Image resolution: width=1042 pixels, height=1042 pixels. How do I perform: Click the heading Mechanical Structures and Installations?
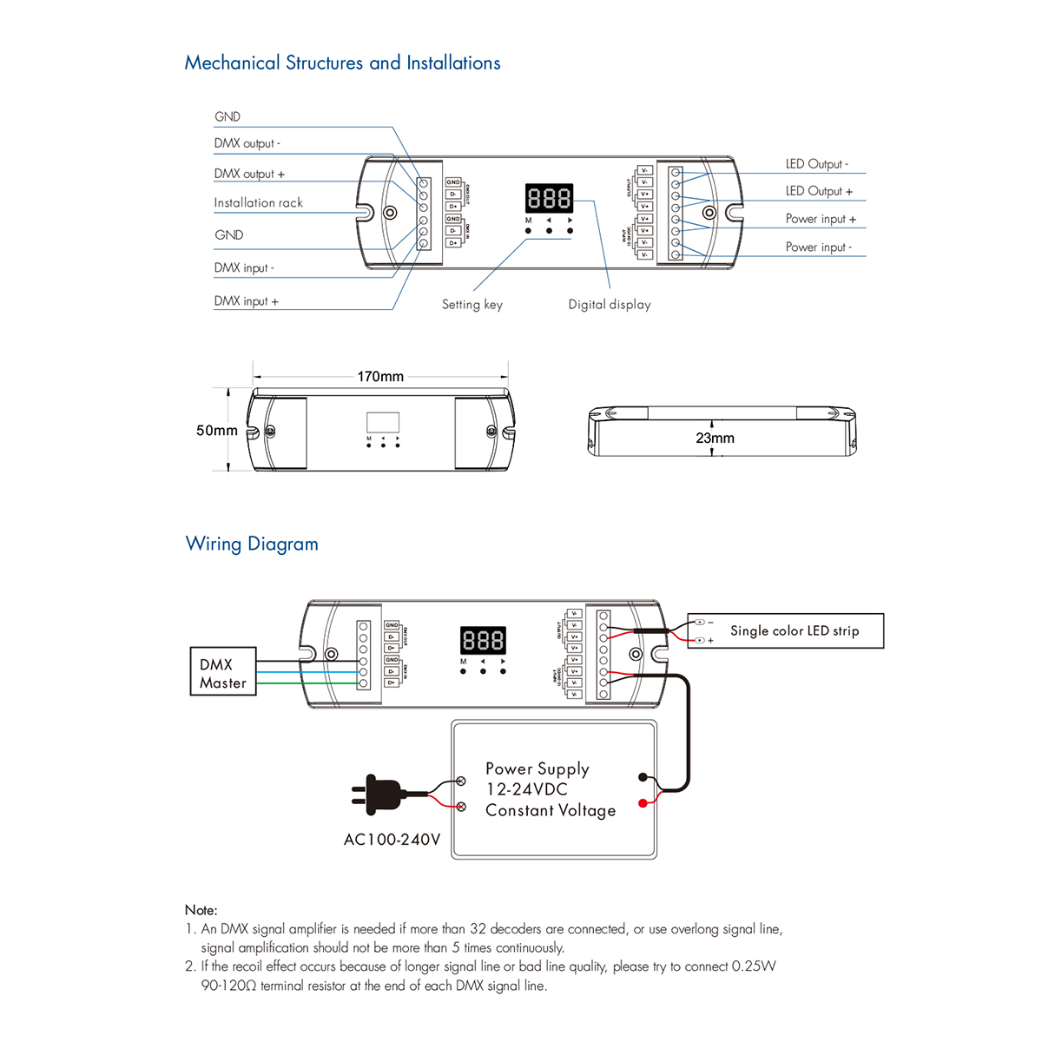pyautogui.click(x=342, y=63)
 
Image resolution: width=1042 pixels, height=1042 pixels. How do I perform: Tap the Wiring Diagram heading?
pyautogui.click(x=252, y=544)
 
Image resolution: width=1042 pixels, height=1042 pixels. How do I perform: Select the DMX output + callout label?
pyautogui.click(x=249, y=174)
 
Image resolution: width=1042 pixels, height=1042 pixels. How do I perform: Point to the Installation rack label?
pyautogui.click(x=258, y=203)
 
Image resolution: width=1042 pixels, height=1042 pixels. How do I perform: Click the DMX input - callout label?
pyautogui.click(x=244, y=268)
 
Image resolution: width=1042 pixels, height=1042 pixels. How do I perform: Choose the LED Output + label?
pyautogui.click(x=819, y=191)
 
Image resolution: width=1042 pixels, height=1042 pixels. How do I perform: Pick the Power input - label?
pyautogui.click(x=819, y=247)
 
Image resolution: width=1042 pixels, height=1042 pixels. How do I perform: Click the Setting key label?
pyautogui.click(x=472, y=305)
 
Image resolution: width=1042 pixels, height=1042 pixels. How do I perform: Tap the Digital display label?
pyautogui.click(x=609, y=305)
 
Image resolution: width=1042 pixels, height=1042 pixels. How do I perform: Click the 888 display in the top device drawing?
pyautogui.click(x=549, y=199)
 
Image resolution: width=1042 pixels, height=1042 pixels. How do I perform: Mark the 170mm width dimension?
pyautogui.click(x=380, y=377)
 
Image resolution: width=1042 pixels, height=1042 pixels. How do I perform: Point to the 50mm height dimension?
pyautogui.click(x=216, y=431)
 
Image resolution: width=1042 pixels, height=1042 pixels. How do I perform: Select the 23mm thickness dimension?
pyautogui.click(x=715, y=439)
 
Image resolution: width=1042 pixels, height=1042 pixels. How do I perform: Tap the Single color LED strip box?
pyautogui.click(x=794, y=631)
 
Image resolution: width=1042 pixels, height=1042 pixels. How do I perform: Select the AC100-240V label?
pyautogui.click(x=392, y=840)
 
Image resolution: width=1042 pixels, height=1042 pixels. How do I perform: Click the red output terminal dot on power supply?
pyautogui.click(x=643, y=803)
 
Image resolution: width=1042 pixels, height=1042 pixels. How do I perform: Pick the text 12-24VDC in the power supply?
pyautogui.click(x=526, y=789)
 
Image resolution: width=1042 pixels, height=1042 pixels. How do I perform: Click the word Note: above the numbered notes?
pyautogui.click(x=201, y=910)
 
